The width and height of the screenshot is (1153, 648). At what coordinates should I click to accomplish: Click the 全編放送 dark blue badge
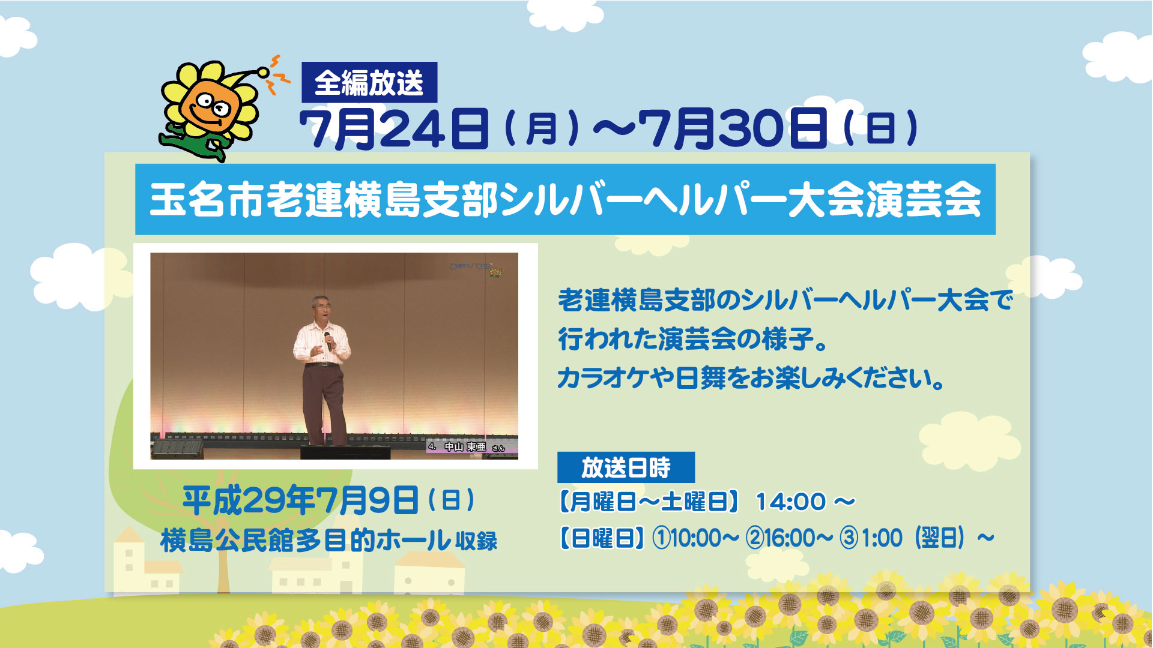click(369, 82)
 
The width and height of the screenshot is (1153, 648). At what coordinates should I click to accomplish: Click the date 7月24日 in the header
click(394, 128)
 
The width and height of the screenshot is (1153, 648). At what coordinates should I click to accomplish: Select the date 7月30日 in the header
click(733, 128)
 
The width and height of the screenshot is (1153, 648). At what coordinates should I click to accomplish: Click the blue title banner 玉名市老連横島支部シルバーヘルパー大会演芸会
click(565, 199)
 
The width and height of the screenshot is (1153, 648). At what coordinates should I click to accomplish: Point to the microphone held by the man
click(328, 341)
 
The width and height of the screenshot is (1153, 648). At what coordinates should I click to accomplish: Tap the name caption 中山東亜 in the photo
click(465, 447)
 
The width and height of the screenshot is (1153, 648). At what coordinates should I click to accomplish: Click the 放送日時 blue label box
click(626, 467)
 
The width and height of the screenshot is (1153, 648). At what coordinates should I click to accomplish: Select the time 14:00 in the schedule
click(791, 502)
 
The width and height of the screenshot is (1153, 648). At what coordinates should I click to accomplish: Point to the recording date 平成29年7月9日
click(301, 500)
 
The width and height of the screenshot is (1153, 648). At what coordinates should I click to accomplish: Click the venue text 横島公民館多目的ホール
click(305, 540)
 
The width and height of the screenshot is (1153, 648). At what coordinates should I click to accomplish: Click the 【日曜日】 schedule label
click(602, 538)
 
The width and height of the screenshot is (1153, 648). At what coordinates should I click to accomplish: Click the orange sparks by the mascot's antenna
click(277, 74)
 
